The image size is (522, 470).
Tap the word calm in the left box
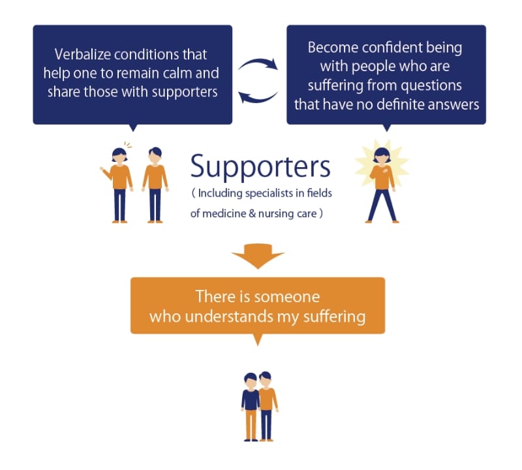(x=200, y=72)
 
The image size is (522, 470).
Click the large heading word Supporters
(x=260, y=167)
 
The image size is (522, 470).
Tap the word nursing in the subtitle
(x=279, y=213)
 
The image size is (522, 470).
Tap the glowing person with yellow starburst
(x=381, y=181)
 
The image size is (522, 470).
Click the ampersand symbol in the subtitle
(x=256, y=213)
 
